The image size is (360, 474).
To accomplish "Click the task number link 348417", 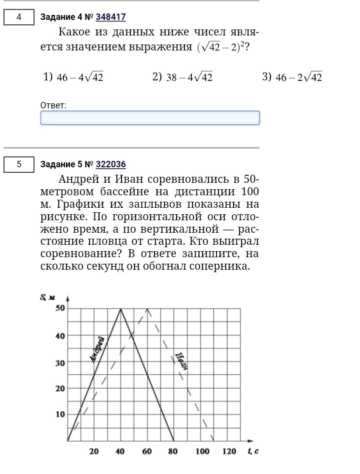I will [x=110, y=17].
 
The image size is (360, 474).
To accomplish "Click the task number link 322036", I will [x=110, y=164].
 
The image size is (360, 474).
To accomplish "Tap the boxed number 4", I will [x=19, y=17].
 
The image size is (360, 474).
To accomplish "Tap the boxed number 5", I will [x=19, y=164].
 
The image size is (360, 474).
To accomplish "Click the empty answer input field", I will [x=149, y=118].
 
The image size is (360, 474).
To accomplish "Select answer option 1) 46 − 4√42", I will [x=73, y=77].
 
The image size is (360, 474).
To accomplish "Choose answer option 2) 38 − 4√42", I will [x=182, y=77].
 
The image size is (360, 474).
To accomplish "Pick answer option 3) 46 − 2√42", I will [x=292, y=77].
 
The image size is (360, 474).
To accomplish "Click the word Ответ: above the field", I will [x=53, y=105].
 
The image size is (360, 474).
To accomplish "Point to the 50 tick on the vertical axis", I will [x=60, y=308].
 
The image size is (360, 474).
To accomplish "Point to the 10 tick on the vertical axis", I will [x=60, y=414].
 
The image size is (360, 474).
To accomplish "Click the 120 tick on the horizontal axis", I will [x=229, y=452].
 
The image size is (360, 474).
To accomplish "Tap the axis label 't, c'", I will [x=252, y=452].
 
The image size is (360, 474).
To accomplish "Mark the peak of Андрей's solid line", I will [x=120, y=309].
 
